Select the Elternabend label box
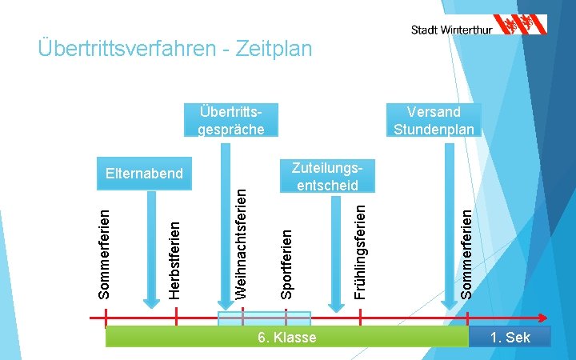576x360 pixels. [144, 173]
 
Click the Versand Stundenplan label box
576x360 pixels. [434, 120]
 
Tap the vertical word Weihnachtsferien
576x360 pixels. [241, 239]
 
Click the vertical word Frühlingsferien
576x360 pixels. [361, 251]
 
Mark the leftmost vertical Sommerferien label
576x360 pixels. [105, 253]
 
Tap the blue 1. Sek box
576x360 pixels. [510, 337]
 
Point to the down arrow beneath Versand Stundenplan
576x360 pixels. [450, 224]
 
